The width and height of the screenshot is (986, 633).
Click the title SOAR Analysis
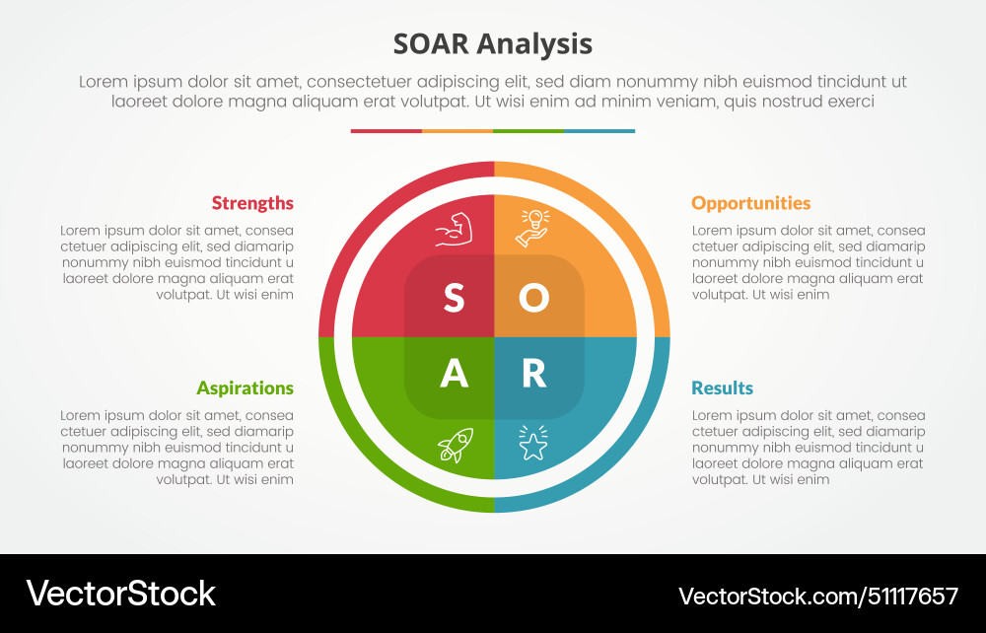(x=493, y=44)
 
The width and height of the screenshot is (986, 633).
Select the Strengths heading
(x=252, y=203)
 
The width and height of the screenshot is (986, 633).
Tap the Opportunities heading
(x=750, y=203)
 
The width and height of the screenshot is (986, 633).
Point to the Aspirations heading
(x=245, y=387)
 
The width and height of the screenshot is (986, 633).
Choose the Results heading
(x=722, y=387)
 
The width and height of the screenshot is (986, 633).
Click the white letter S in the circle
(x=454, y=298)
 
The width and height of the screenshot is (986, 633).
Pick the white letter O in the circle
(x=533, y=298)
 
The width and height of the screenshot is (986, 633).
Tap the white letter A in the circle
(x=454, y=373)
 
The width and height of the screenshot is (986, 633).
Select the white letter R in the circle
(x=533, y=373)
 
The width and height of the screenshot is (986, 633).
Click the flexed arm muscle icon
(x=455, y=230)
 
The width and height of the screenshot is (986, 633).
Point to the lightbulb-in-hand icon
(x=532, y=228)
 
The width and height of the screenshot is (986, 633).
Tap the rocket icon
(x=455, y=445)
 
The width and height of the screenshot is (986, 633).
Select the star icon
(x=532, y=445)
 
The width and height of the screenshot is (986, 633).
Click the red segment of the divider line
(x=386, y=130)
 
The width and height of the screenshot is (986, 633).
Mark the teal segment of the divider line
(x=599, y=130)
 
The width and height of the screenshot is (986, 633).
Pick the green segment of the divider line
(x=528, y=130)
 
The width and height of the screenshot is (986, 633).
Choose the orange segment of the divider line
(x=457, y=130)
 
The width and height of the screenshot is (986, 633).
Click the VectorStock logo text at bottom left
(x=120, y=593)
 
